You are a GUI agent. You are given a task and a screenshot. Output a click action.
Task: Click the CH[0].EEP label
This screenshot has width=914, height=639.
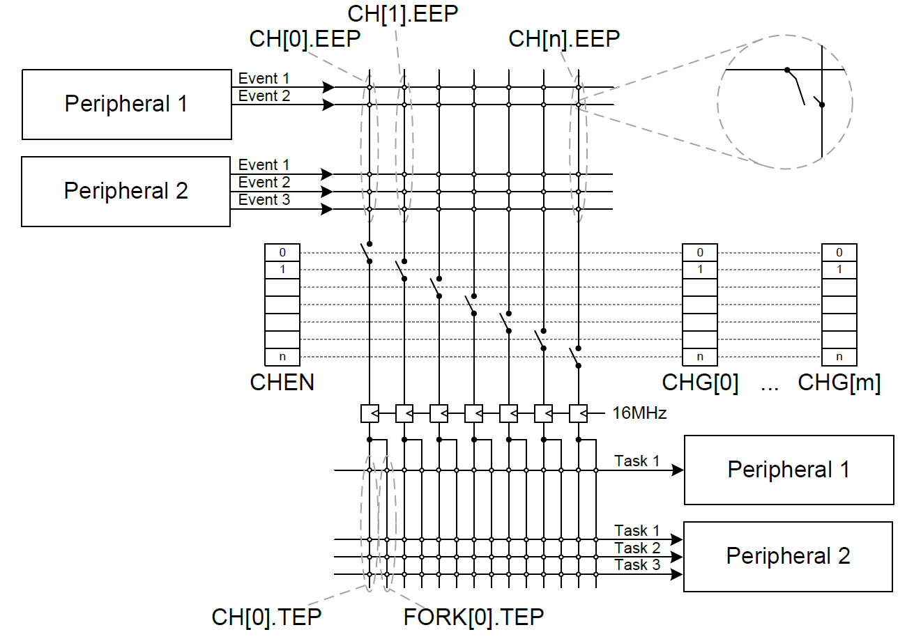[x=305, y=39]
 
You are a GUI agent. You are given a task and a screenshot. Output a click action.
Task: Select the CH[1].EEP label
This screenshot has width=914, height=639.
[x=402, y=13]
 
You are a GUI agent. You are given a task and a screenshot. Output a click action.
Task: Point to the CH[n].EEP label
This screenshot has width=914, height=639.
[x=564, y=39]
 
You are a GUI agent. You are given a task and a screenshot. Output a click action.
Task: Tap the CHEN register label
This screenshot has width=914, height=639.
[x=282, y=382]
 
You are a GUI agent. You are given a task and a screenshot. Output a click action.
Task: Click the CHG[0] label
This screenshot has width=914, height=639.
[x=700, y=382]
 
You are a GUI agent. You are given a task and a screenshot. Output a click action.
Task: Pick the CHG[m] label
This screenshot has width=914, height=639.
[x=839, y=382]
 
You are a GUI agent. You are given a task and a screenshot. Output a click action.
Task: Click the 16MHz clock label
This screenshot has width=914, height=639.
[x=639, y=413]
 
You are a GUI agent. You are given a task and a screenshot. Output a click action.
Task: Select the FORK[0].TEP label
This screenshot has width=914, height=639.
[x=473, y=617]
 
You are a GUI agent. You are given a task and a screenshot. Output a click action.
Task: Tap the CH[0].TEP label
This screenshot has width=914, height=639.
[x=266, y=617]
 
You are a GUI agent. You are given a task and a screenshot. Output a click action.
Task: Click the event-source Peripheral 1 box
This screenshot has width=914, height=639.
[x=127, y=105]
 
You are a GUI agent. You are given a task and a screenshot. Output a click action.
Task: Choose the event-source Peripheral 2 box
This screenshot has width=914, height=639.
[x=126, y=191]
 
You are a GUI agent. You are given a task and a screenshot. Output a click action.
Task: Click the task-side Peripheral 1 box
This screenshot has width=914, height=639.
[x=789, y=470]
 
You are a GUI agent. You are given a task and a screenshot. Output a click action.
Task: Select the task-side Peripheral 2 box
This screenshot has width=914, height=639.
[x=788, y=556]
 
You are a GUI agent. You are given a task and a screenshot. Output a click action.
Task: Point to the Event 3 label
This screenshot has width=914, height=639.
[x=264, y=200]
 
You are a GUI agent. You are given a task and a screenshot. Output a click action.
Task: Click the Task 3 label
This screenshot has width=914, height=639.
[x=637, y=565]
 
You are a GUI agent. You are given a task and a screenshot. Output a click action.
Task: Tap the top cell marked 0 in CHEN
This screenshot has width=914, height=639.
[x=282, y=252]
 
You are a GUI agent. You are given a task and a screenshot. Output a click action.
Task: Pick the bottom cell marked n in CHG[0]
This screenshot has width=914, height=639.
[x=700, y=357]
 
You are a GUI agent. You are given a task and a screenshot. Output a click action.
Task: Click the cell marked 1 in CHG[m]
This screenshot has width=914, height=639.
[x=839, y=270]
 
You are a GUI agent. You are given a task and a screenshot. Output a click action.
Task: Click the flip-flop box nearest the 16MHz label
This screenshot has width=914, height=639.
[x=579, y=413]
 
